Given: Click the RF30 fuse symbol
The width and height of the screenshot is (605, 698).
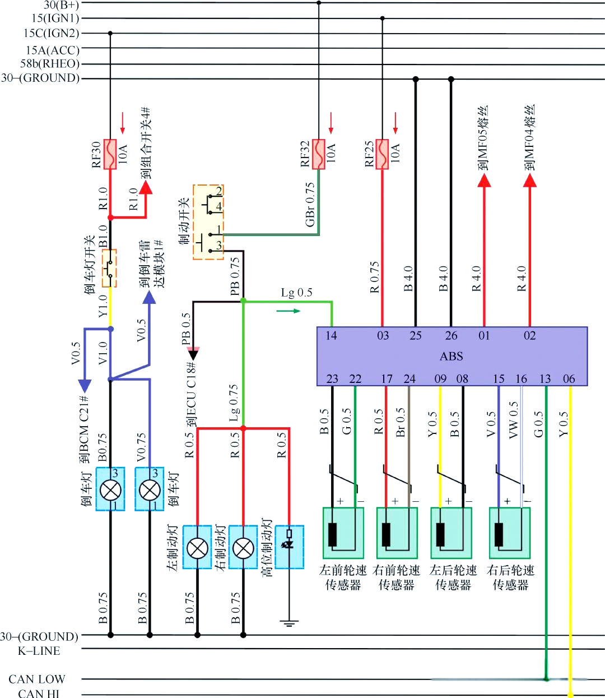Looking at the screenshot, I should click(x=110, y=154).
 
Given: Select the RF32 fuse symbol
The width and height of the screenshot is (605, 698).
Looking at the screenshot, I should click(x=319, y=154).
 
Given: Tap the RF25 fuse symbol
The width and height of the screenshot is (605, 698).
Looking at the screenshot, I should click(x=383, y=154).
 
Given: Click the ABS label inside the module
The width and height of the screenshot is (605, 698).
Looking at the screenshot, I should click(x=451, y=357).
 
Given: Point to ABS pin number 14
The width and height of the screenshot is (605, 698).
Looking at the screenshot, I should click(x=331, y=336).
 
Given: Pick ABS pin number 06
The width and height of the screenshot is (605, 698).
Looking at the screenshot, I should click(x=569, y=379).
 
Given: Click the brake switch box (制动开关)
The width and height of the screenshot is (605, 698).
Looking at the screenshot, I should click(x=208, y=222).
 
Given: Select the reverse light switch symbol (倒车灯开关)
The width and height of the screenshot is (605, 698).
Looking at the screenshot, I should click(x=110, y=269).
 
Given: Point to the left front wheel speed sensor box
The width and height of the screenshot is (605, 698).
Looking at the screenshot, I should click(x=343, y=533).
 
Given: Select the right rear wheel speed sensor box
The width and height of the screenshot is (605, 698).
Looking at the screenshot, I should click(x=509, y=533).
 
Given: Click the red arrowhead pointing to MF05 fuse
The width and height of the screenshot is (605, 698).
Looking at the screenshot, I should click(x=484, y=180).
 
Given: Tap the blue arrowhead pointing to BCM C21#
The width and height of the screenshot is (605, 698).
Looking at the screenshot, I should click(x=85, y=386).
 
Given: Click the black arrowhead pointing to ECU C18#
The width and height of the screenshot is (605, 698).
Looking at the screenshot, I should click(x=193, y=354).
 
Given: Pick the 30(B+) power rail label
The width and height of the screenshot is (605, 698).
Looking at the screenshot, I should click(x=61, y=5).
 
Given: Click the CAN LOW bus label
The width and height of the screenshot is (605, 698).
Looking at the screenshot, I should click(x=37, y=679).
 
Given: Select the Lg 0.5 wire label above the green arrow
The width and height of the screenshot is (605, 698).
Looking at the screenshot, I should click(x=296, y=293).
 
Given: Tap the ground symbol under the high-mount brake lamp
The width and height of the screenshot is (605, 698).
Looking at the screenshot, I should click(x=289, y=623).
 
